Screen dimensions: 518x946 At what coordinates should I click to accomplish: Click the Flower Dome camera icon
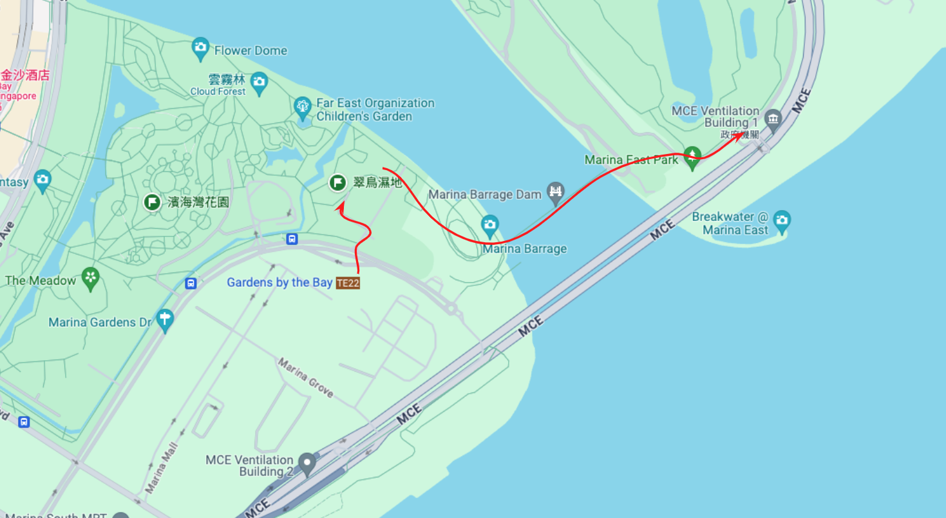coord(201,47)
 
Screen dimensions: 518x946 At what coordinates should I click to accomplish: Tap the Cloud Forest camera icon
coord(259,82)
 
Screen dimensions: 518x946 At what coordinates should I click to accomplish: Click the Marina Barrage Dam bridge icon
coord(555,191)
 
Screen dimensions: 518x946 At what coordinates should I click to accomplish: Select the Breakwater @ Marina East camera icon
coord(782,220)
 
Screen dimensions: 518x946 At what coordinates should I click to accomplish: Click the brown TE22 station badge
coord(348,283)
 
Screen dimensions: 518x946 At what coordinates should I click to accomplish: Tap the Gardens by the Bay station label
coord(279,283)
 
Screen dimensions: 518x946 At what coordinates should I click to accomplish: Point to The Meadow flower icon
coord(91,278)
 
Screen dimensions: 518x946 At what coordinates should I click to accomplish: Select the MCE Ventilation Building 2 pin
coord(308,461)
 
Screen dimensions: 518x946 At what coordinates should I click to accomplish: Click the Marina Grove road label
coord(305,378)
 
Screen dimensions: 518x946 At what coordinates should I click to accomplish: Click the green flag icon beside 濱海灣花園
coord(152,202)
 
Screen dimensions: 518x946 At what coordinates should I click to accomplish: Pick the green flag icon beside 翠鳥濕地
coord(338,183)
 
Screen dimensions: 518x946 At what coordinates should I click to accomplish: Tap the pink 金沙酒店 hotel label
coord(25,75)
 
